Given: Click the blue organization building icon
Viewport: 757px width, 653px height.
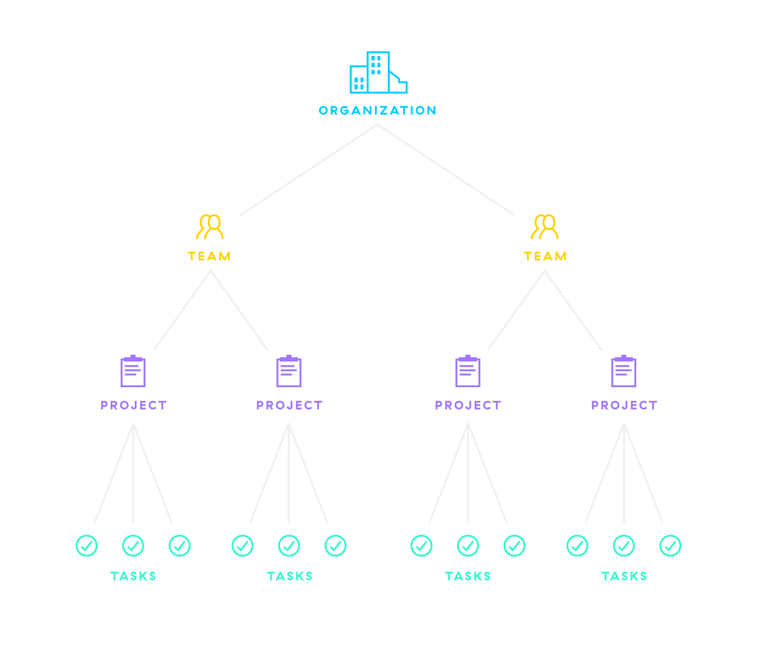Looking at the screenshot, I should coord(378,73).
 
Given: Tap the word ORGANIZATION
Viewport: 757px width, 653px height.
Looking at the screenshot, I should coord(378,110).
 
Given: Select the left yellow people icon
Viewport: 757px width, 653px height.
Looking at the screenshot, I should coord(210,227).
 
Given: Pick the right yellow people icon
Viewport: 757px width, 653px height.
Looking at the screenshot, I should coord(545,227).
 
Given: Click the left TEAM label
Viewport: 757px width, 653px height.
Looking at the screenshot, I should coord(209,256).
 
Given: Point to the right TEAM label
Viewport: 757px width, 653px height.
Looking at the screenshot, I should coord(545,256).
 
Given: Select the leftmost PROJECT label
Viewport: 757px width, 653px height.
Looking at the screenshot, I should coord(133,405).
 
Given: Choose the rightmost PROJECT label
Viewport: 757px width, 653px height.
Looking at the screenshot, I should coord(624,405).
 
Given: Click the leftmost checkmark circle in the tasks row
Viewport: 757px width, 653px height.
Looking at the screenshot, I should coord(87,545).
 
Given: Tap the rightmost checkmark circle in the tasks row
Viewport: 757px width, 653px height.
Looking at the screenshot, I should coord(670,545).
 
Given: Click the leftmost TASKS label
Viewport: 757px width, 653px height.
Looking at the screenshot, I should coord(133,576).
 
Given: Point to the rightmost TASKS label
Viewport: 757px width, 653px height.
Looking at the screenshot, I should coord(624,576).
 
